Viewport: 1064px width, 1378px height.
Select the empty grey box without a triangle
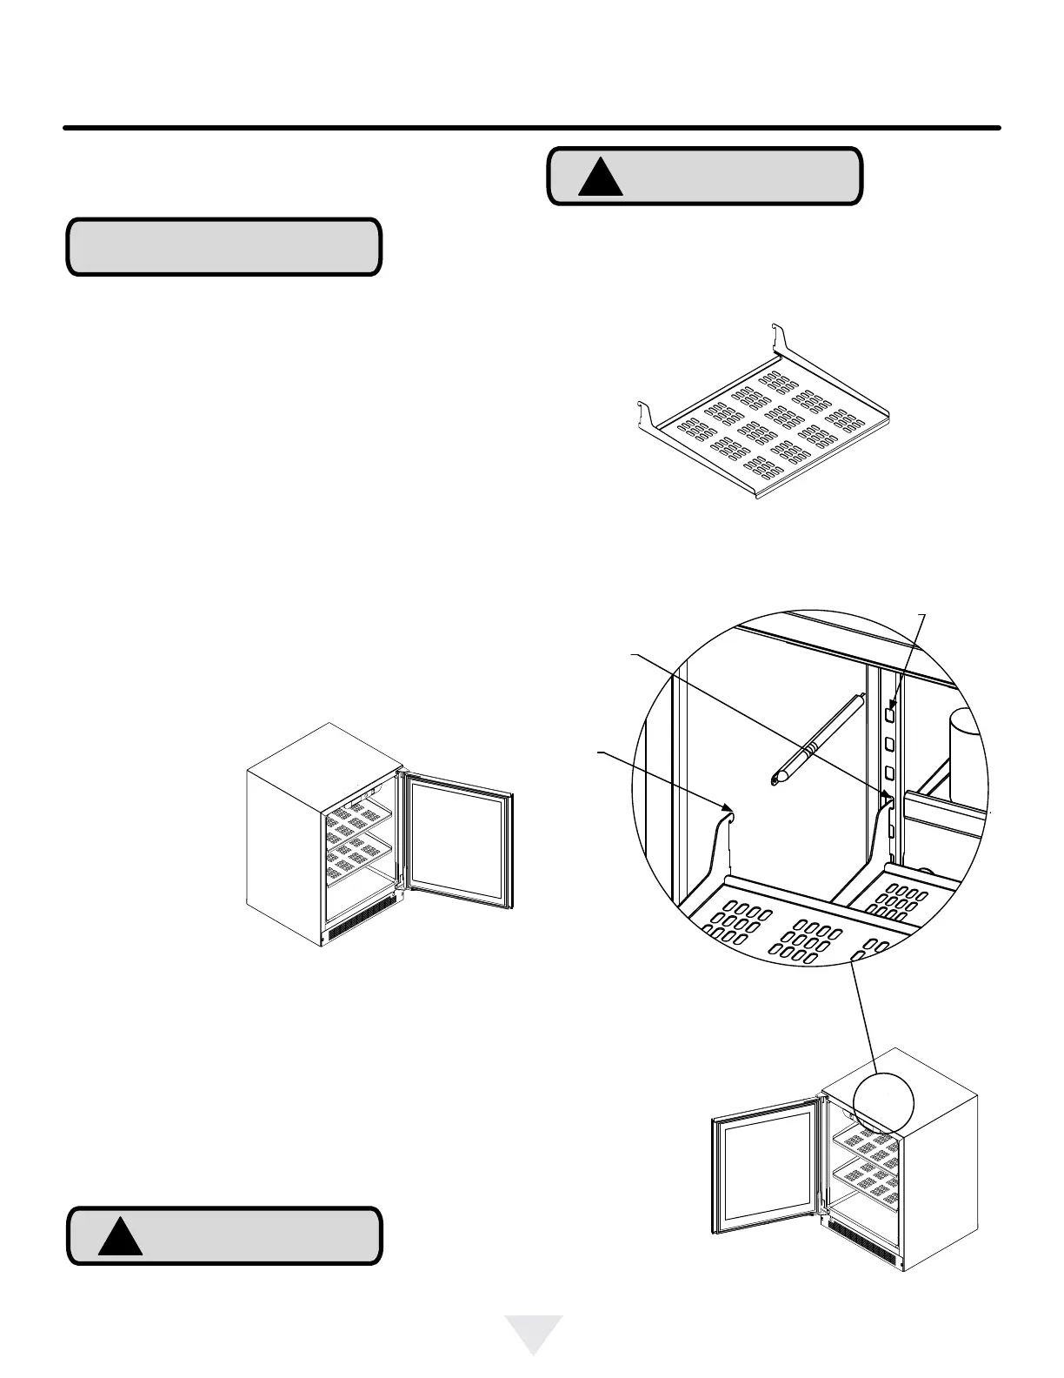224,247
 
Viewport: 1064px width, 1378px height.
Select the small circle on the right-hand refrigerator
884,1102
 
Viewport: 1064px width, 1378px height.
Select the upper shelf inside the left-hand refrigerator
358,817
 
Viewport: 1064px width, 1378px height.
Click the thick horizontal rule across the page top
532,129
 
